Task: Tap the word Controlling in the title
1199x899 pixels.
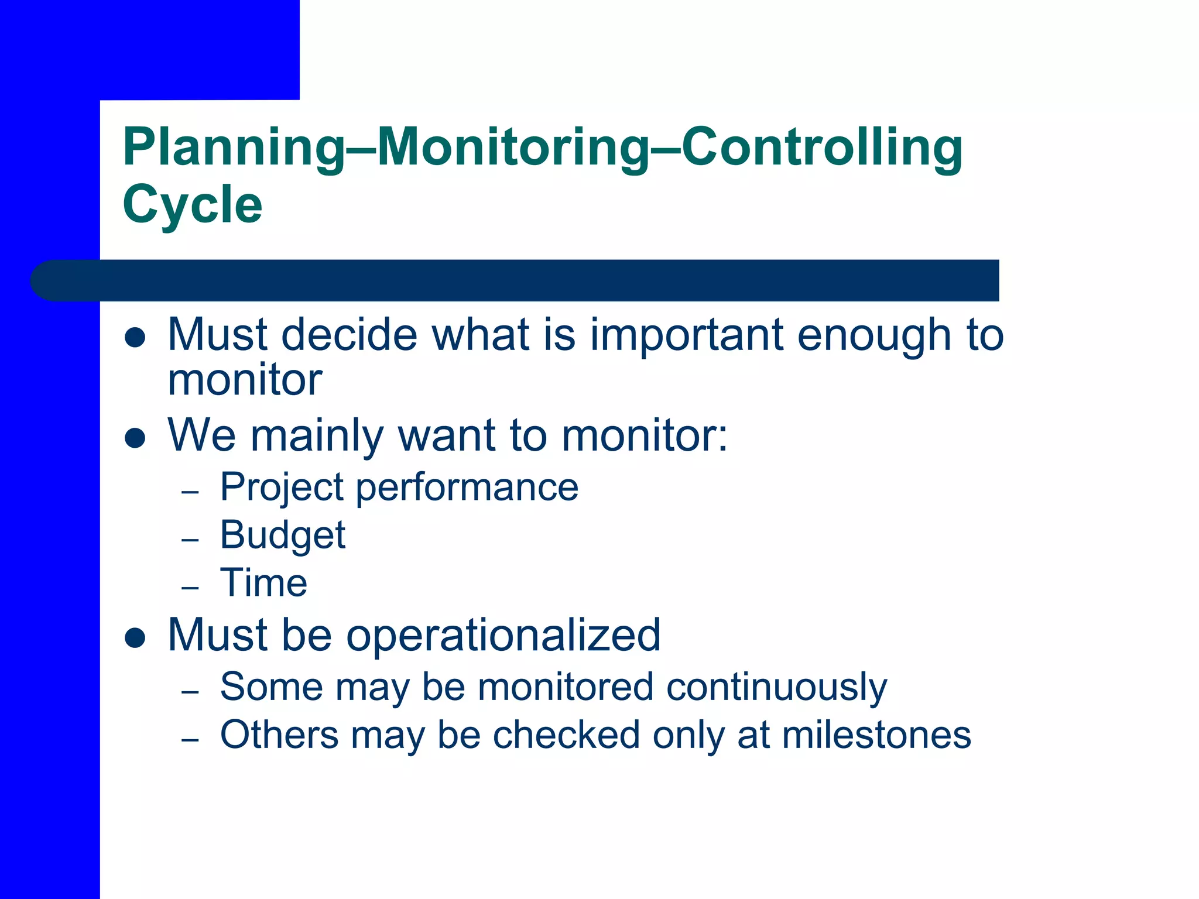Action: coord(822,147)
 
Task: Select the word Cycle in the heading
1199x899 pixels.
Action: coord(193,205)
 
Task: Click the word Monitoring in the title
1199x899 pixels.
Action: coord(513,149)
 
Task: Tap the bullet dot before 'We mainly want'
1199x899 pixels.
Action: coord(135,438)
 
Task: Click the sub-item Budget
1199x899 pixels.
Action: coord(283,536)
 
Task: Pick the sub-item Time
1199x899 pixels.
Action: coord(263,583)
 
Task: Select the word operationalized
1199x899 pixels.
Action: coord(503,636)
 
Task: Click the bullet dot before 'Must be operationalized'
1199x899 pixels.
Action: coord(135,638)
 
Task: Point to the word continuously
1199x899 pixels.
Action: coord(776,688)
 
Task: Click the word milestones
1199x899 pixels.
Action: coord(876,735)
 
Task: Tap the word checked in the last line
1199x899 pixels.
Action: coord(566,735)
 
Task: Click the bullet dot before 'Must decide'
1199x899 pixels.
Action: coord(135,338)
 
